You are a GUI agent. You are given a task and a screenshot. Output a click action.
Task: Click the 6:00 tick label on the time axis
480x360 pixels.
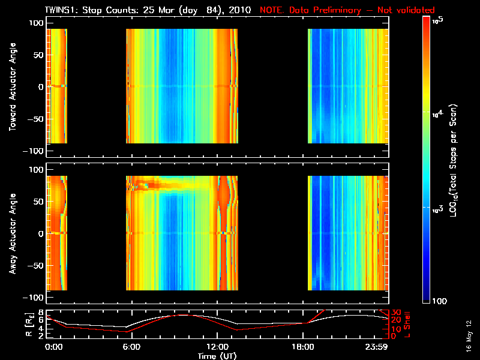click(131, 347)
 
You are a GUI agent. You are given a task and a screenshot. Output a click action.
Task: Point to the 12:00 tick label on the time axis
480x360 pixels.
click(217, 347)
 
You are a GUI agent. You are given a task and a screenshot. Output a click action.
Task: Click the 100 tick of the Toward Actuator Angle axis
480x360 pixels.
click(37, 22)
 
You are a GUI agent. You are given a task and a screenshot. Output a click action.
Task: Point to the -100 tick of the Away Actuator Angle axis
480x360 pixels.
click(34, 298)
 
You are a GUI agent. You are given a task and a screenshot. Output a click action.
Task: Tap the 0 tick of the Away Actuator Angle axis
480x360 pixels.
click(40, 233)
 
